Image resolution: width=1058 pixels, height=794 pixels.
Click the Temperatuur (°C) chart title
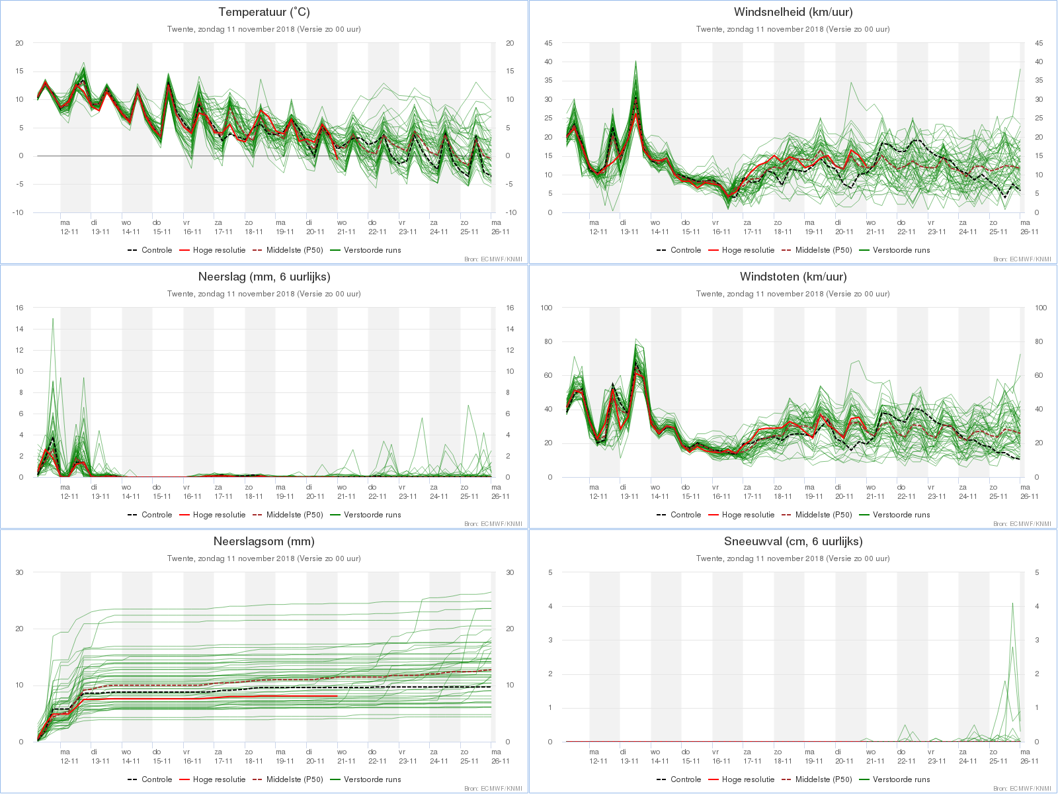(264, 12)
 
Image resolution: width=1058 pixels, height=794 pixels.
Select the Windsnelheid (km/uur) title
(793, 12)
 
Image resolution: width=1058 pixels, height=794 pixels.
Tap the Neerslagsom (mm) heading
(264, 541)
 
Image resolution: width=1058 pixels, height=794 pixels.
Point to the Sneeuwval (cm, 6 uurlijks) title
(793, 541)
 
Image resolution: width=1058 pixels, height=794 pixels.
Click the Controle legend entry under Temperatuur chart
(150, 250)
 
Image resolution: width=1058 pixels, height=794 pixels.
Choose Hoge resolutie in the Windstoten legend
(741, 515)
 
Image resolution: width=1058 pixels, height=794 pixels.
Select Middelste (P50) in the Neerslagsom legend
(288, 779)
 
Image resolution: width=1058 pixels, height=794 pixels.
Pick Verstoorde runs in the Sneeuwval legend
(895, 779)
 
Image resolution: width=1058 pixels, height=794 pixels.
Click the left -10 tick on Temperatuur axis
(18, 212)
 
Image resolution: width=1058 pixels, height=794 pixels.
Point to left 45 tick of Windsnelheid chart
(548, 43)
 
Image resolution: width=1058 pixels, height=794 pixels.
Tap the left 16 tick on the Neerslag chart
(19, 308)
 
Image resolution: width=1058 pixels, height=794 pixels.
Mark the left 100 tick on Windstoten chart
(546, 308)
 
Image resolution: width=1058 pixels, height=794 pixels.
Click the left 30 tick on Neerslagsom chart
(19, 572)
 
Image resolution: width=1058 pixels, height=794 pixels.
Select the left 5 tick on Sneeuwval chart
(550, 572)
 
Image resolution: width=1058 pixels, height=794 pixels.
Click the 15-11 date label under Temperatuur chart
(162, 232)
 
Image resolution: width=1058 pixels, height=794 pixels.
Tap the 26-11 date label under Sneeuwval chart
(1029, 761)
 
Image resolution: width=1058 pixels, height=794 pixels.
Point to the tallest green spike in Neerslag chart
(53, 318)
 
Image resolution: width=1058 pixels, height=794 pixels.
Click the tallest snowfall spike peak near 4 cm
(1012, 603)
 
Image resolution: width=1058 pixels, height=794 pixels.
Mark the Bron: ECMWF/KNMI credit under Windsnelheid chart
(1022, 259)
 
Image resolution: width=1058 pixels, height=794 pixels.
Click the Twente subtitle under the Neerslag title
(264, 294)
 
